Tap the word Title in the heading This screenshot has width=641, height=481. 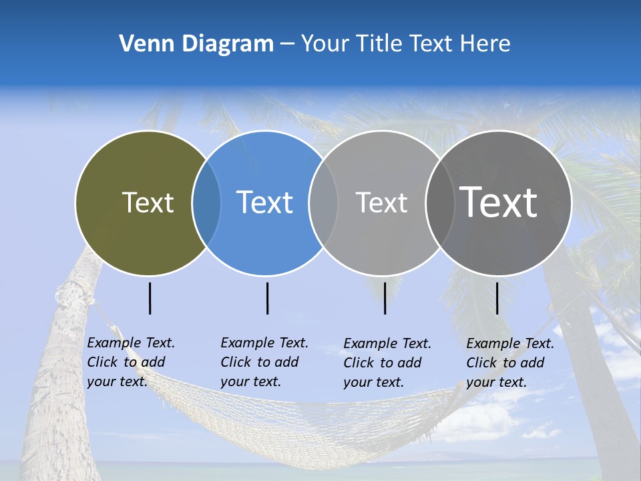point(378,44)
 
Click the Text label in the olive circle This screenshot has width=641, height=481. point(148,202)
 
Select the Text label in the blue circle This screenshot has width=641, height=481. point(264,202)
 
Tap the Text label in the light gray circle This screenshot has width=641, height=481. point(381,202)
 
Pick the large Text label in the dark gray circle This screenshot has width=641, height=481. point(498,202)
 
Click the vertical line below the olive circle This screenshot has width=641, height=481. point(150,298)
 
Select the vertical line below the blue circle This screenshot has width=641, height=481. point(267,298)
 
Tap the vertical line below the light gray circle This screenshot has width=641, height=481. point(385,298)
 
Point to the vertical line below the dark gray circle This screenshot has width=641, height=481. point(497,298)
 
